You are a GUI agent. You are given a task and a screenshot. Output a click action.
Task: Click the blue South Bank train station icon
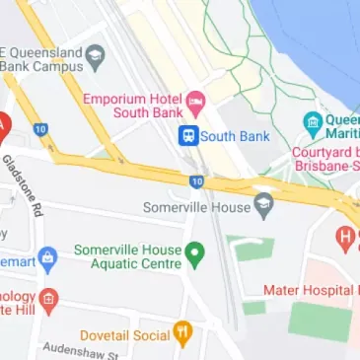pos(187,136)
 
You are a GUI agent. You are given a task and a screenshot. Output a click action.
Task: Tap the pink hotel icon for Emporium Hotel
pos(195,100)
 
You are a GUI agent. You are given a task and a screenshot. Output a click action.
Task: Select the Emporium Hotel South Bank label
pos(133,108)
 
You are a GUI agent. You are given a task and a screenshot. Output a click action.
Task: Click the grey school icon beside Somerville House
pos(262,206)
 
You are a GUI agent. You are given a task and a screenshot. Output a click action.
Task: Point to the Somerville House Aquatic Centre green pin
pos(194,255)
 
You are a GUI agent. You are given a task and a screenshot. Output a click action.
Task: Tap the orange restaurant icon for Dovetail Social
pos(181,331)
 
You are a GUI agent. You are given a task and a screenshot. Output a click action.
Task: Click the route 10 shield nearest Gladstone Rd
pos(39,129)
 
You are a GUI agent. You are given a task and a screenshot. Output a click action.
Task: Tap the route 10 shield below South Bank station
pos(197,181)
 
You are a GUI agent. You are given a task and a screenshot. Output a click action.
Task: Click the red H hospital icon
pos(344,237)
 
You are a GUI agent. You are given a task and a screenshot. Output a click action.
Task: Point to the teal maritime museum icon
pos(313,124)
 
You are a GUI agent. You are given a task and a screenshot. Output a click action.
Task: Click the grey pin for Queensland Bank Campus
pos(95,57)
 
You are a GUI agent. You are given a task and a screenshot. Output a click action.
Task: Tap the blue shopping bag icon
pos(48,258)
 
